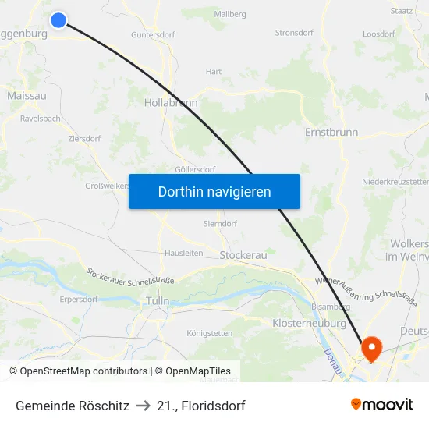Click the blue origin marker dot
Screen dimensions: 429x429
point(58,19)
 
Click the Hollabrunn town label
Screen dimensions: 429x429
point(171,102)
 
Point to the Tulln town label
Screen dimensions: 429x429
point(158,300)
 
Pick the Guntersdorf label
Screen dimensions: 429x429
point(153,35)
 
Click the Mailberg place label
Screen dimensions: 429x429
point(230,14)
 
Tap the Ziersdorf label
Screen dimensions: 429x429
point(84,138)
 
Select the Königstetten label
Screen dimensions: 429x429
point(209,333)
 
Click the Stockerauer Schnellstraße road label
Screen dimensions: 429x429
point(130,275)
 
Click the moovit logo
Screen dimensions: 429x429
point(382,404)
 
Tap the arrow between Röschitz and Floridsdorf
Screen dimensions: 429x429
point(143,406)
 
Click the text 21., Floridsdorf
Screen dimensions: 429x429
point(200,406)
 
